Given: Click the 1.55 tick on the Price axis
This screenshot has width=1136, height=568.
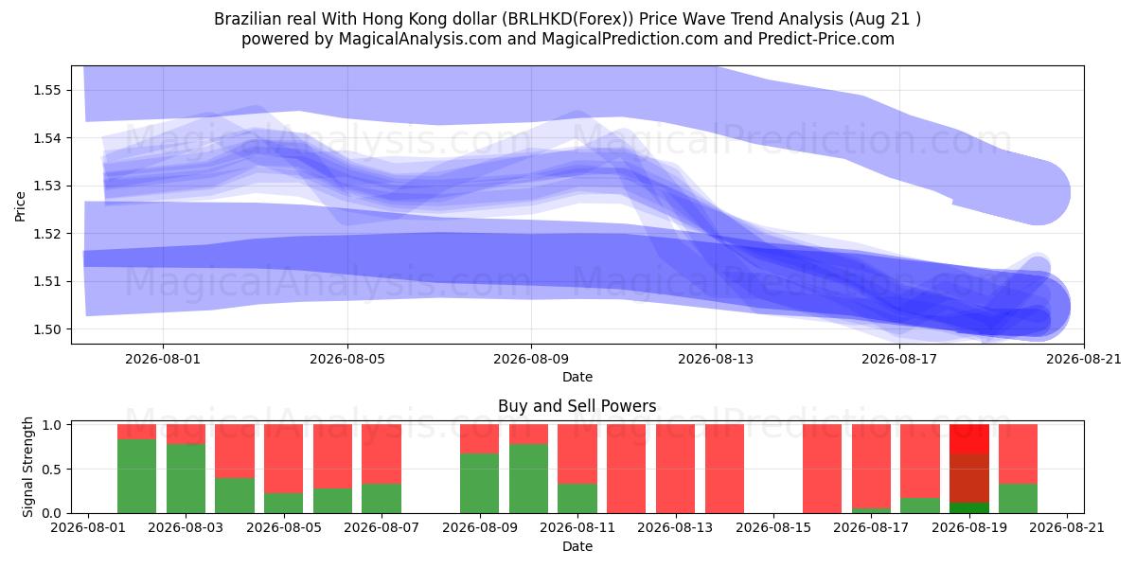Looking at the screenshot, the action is pos(46,90).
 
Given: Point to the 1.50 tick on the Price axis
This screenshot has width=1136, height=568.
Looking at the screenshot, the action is pos(46,329).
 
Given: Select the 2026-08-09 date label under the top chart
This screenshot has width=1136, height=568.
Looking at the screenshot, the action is pos(531,359).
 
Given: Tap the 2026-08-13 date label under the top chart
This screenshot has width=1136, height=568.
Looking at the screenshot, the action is pos(716,359).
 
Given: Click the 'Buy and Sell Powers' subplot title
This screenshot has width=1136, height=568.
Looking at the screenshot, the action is pos(577,406).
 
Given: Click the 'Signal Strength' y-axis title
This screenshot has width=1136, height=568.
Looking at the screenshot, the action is pos(27,467).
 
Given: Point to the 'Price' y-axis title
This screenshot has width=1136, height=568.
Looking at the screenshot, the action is pos(20,206).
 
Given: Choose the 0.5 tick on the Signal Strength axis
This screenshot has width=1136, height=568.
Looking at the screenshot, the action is pos(52,470).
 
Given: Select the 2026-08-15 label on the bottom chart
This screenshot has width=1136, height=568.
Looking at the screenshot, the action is pos(773,528).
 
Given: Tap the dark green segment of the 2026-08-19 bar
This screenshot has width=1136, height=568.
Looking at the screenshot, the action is pos(969,507).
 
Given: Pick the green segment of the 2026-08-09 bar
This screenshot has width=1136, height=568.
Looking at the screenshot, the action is pos(479,484).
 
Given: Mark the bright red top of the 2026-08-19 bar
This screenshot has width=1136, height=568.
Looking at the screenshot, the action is pos(969,439).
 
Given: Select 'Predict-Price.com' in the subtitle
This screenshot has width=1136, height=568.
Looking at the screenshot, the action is pos(826,39).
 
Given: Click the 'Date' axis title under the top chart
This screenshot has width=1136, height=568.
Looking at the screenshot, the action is pos(577,377).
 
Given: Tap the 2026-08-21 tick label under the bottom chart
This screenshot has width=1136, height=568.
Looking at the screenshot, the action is pos(1067,528).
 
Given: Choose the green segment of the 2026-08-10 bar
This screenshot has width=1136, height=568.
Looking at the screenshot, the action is pos(528,479).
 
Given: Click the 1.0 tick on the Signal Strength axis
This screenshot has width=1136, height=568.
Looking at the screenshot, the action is pos(52,425).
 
